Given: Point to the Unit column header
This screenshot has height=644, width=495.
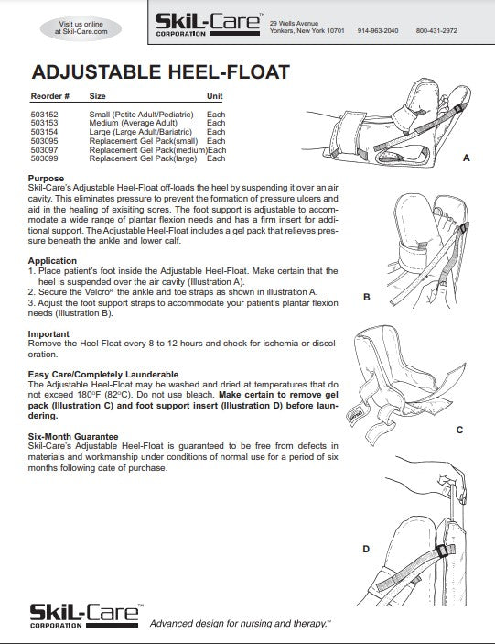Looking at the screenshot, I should coord(215,96).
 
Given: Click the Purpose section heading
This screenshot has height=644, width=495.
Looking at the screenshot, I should coord(46,179).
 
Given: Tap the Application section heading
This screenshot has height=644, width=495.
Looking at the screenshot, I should coord(52,261).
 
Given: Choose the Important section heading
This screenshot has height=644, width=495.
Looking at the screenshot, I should coord(48,334).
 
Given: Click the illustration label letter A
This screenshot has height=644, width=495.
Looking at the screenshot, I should coord(466,158).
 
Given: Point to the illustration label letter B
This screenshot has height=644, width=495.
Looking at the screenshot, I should coord(367,297).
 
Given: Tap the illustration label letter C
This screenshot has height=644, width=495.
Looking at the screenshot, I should coord(459,430).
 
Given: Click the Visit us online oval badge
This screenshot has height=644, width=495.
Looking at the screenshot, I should coord(82,26).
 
